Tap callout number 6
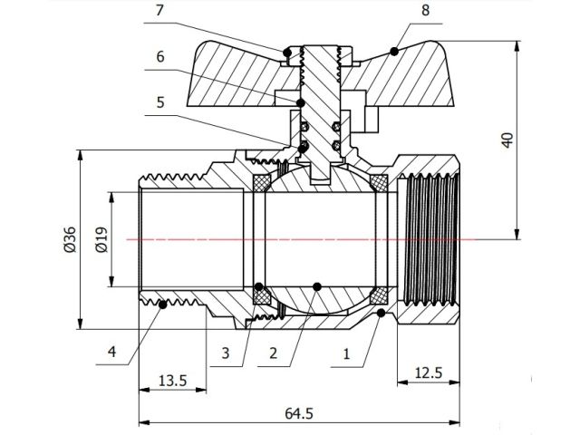(x=159, y=56)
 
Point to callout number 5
(x=159, y=102)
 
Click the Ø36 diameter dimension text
(x=70, y=239)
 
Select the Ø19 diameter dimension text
(x=100, y=239)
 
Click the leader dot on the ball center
(x=316, y=286)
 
